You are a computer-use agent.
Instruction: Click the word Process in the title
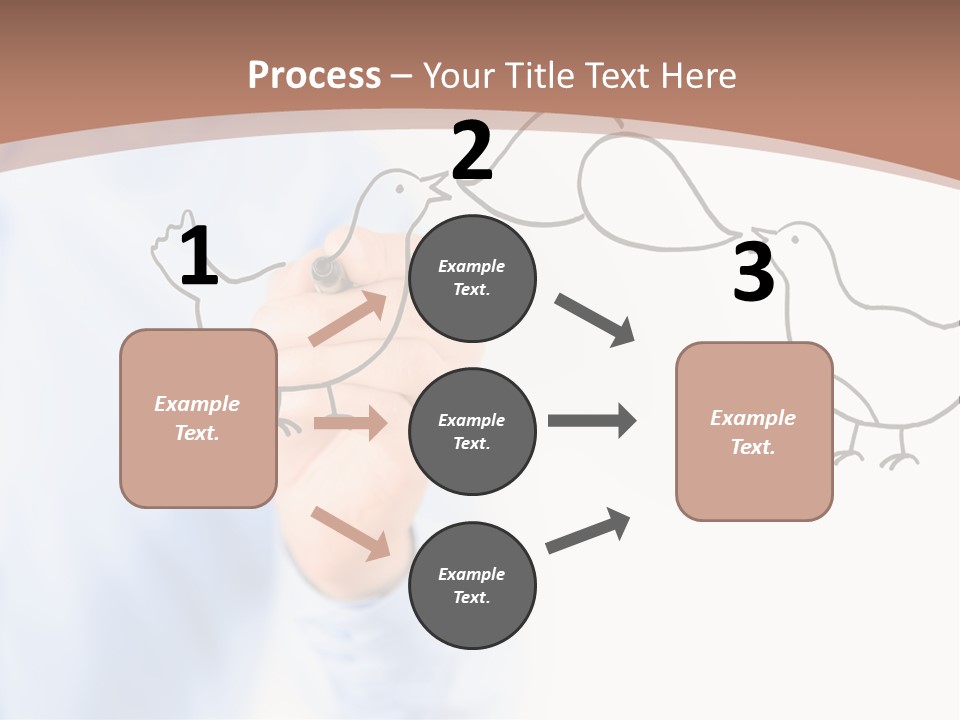(314, 76)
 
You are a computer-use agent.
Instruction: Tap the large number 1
(199, 257)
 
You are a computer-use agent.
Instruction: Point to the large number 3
(753, 272)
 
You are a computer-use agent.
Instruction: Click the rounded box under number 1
(198, 418)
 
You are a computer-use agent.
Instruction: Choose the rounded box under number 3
(754, 431)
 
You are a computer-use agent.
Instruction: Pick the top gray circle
(472, 278)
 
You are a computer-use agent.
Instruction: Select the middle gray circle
(472, 431)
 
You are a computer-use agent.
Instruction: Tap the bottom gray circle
(472, 585)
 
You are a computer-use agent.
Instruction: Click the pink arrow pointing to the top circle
(348, 319)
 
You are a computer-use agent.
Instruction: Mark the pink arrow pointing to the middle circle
(350, 423)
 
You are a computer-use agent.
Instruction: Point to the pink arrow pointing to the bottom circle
(351, 533)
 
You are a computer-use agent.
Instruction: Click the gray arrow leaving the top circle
(595, 320)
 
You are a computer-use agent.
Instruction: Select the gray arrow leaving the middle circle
(592, 421)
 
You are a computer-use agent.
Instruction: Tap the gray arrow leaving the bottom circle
(588, 531)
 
